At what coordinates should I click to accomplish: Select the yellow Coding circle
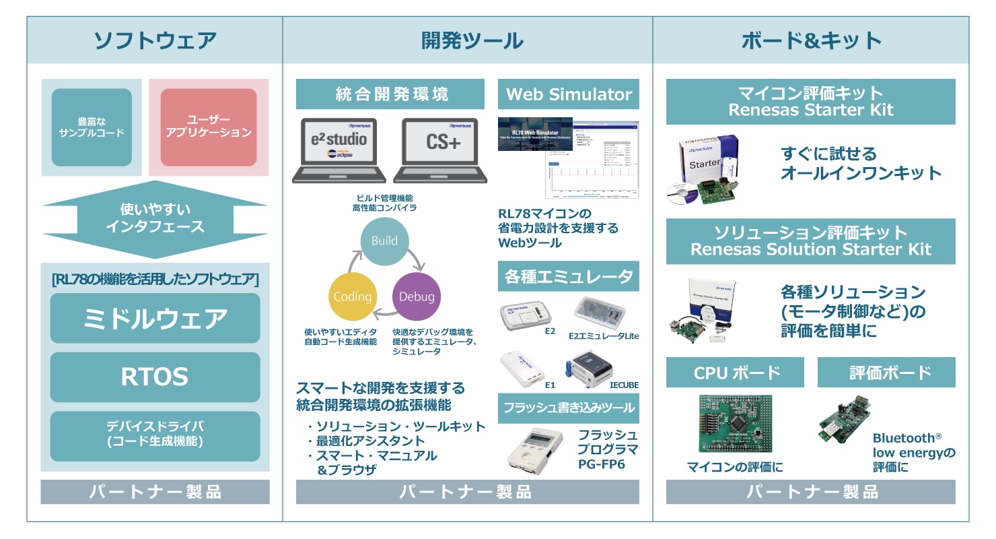click(x=353, y=296)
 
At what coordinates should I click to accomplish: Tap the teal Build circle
click(x=384, y=241)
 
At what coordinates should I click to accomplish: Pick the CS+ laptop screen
click(x=435, y=143)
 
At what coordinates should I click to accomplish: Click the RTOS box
click(x=155, y=377)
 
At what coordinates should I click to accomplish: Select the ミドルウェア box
click(x=155, y=318)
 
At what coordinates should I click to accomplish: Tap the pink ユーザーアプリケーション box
click(x=209, y=127)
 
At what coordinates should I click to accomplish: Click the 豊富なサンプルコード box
click(x=92, y=127)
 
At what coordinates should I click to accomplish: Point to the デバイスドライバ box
click(x=155, y=435)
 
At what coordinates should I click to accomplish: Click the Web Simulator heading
click(x=569, y=94)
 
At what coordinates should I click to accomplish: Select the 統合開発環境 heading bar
click(x=390, y=94)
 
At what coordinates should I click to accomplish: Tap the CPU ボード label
click(x=735, y=373)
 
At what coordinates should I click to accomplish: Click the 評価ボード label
click(x=886, y=373)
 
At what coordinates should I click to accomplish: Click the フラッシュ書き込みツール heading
click(x=569, y=408)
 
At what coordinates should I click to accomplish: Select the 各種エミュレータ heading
click(x=569, y=276)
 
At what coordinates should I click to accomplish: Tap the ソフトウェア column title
click(x=155, y=40)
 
